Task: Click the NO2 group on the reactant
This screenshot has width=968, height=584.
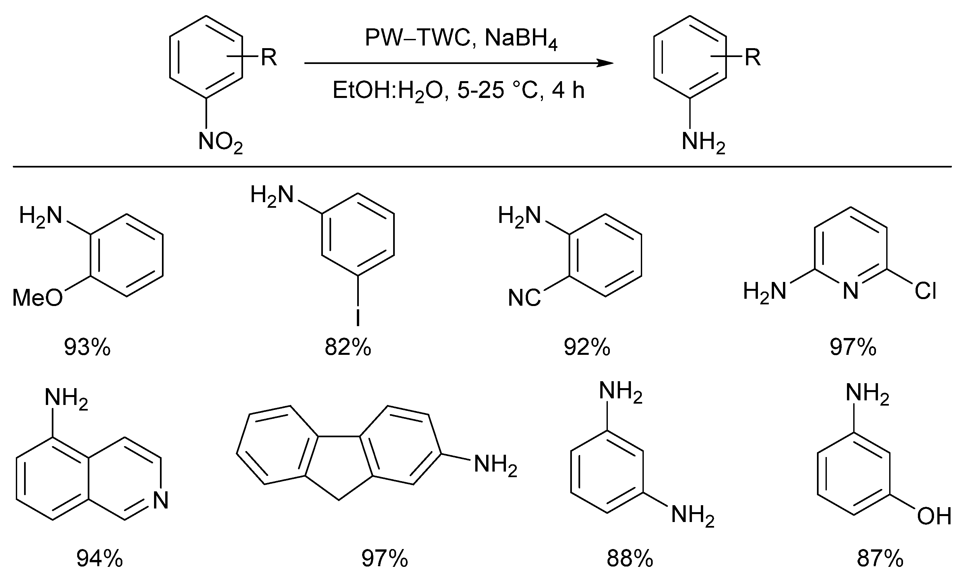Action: click(220, 142)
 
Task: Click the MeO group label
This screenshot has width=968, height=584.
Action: click(38, 298)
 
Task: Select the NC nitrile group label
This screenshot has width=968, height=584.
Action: click(524, 298)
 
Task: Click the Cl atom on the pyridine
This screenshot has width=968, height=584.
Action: click(925, 292)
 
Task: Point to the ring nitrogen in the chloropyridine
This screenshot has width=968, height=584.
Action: click(851, 292)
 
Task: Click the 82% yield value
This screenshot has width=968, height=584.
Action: click(348, 348)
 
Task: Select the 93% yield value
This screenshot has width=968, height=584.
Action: click(87, 348)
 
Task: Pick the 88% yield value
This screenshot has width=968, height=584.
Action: click(630, 559)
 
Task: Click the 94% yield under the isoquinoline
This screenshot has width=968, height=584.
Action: click(99, 559)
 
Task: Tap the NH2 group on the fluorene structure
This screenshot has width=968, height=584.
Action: click(495, 465)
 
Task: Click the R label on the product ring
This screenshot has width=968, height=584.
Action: click(752, 58)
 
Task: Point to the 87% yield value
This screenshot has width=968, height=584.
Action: click(880, 559)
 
